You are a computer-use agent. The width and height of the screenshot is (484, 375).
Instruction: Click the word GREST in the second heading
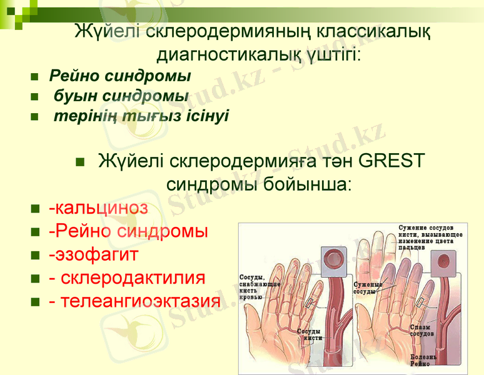coord(392,161)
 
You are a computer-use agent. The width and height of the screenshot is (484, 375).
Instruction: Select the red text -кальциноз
coord(98,207)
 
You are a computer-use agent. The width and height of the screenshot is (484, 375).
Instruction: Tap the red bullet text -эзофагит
coord(93,255)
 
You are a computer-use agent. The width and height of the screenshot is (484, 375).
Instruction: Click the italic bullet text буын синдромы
coord(121,96)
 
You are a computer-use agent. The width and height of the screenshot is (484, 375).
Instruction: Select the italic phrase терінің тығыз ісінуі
coord(141,116)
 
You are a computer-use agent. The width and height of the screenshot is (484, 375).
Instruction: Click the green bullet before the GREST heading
coord(79,162)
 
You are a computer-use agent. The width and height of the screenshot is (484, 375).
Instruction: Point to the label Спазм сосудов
coord(421,330)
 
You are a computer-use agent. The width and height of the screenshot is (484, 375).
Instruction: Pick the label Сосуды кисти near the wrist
coord(309,335)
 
